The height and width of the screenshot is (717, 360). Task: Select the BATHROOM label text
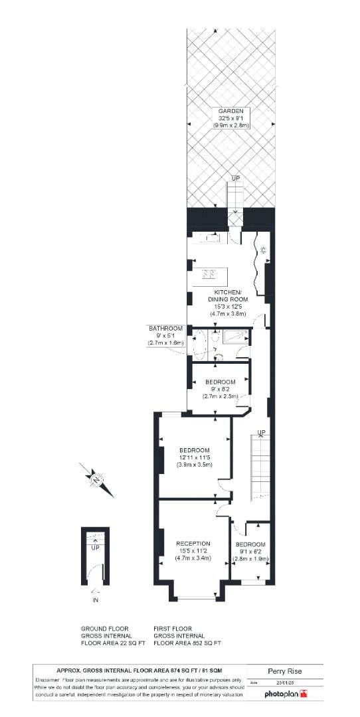pyautogui.click(x=165, y=329)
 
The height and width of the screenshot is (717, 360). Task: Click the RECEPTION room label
pyautogui.click(x=193, y=544)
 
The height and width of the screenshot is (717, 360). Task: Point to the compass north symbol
pyautogui.click(x=98, y=479)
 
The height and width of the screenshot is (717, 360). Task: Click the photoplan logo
pyautogui.click(x=286, y=694)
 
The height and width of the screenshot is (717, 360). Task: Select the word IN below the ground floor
pyautogui.click(x=94, y=601)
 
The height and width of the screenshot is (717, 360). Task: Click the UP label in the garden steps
pyautogui.click(x=235, y=179)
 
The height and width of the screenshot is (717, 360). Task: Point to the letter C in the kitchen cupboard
pyautogui.click(x=263, y=250)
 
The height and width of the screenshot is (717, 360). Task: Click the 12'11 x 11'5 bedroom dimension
pyautogui.click(x=194, y=457)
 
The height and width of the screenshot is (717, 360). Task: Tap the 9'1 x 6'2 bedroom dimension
pyautogui.click(x=250, y=552)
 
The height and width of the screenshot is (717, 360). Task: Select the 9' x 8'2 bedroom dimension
pyautogui.click(x=221, y=390)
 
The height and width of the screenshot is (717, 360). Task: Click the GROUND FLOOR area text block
pyautogui.click(x=106, y=635)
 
